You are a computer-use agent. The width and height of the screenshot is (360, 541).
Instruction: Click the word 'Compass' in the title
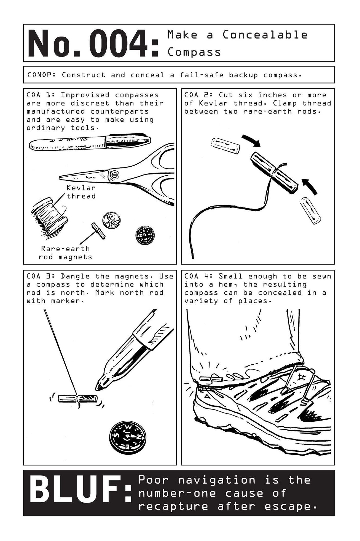(x=194, y=52)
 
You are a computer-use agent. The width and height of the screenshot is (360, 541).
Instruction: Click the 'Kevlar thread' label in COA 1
(x=81, y=192)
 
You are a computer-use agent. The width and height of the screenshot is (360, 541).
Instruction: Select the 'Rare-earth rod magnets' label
(x=65, y=253)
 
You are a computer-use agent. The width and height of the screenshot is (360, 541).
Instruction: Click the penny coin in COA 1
(x=111, y=220)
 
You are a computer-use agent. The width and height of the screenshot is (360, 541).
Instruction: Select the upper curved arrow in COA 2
(x=251, y=141)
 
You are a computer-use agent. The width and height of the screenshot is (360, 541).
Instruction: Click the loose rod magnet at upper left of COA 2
(x=225, y=146)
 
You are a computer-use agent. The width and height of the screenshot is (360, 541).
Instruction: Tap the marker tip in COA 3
(x=99, y=387)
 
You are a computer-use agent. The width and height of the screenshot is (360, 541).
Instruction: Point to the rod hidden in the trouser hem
(x=211, y=379)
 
